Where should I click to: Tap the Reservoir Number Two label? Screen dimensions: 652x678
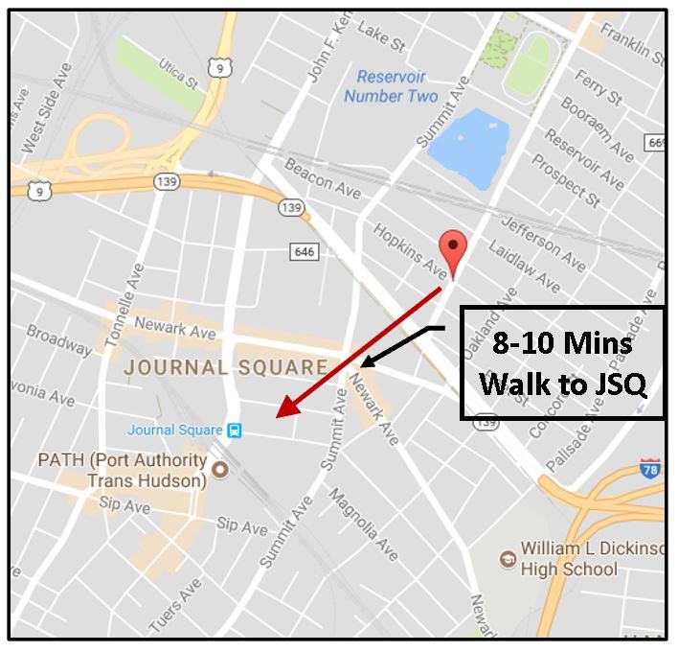coord(391,86)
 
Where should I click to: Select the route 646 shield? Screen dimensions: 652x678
coord(303,251)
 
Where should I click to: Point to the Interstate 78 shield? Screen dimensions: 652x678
coord(651,469)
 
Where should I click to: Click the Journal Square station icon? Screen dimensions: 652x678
coord(234,431)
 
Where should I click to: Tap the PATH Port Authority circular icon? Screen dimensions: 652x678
coord(219,470)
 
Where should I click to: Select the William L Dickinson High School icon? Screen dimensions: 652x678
coord(508,558)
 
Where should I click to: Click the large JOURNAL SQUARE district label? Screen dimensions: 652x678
coord(226,367)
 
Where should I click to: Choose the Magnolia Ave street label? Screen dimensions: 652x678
coord(364,524)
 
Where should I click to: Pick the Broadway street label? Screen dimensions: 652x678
coord(59,338)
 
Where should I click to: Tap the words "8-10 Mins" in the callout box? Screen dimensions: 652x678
coord(562,344)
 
